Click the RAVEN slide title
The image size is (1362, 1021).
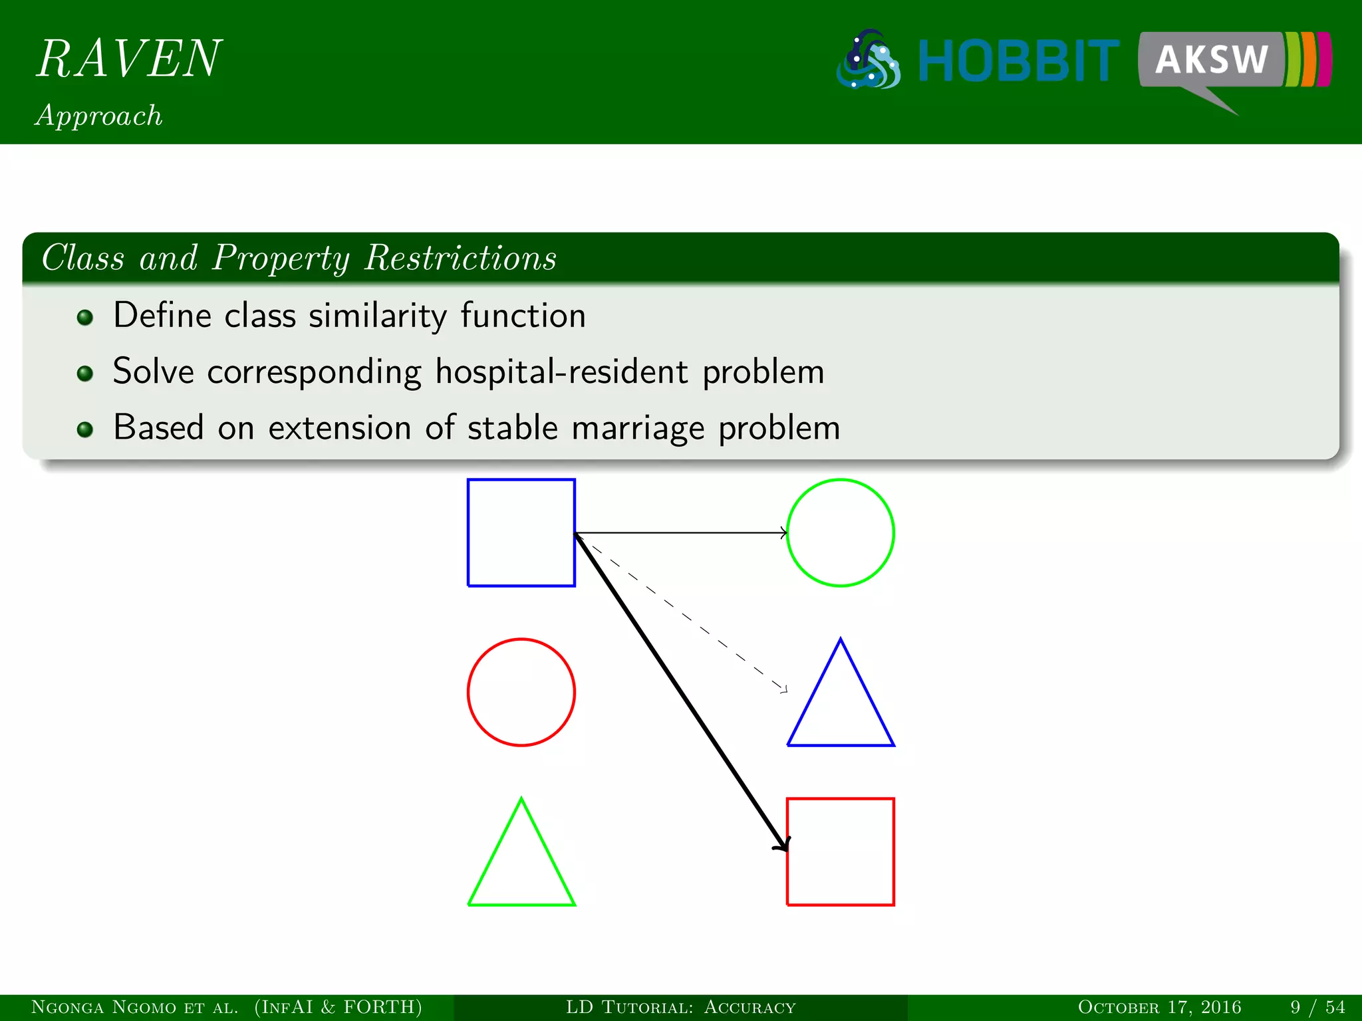point(128,58)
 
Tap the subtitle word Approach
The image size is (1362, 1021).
point(99,116)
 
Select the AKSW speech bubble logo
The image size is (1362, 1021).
point(1212,61)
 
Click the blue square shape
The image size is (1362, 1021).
point(521,532)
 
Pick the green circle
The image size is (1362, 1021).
point(840,532)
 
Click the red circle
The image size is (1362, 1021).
point(521,692)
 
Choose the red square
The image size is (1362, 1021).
point(840,851)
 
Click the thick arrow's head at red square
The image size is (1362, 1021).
point(783,844)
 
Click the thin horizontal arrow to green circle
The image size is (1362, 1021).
point(678,532)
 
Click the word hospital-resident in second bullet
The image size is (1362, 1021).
point(561,371)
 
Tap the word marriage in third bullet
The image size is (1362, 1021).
point(637,427)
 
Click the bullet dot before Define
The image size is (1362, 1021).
point(84,317)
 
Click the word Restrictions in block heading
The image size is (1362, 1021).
point(460,258)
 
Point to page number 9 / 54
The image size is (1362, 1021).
point(1317,1007)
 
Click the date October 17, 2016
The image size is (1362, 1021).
point(1158,1007)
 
